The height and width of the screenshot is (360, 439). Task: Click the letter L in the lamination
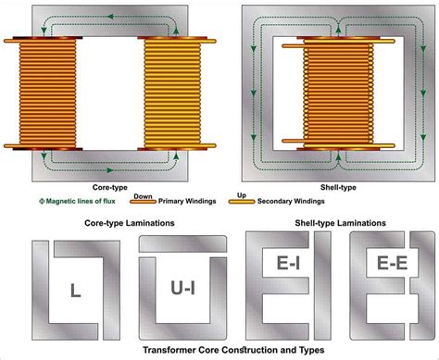coord(73,291)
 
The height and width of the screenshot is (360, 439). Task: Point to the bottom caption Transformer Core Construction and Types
coord(219,351)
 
